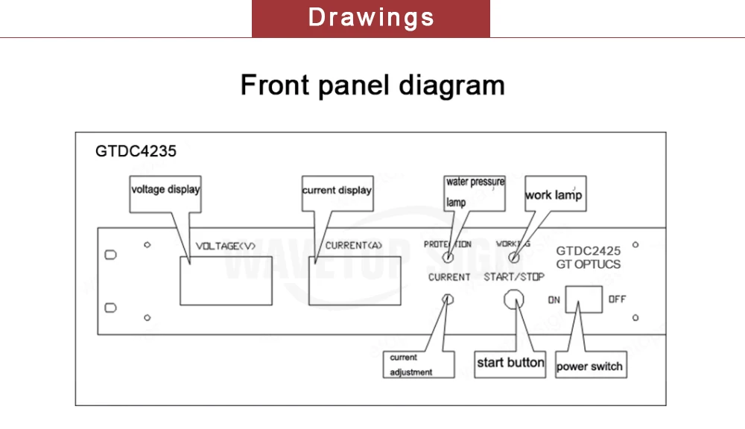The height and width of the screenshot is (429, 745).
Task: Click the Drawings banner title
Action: [x=371, y=18]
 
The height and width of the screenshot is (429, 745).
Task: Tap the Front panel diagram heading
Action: [x=372, y=85]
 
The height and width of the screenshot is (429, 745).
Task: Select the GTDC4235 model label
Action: [x=136, y=151]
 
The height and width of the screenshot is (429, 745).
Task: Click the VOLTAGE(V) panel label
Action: [x=226, y=246]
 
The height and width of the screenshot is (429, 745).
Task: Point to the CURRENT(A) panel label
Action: [x=353, y=246]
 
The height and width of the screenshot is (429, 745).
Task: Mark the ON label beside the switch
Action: [x=554, y=299]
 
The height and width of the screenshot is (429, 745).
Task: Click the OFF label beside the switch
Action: [x=617, y=299]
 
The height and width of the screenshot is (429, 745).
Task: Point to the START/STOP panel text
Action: [x=514, y=277]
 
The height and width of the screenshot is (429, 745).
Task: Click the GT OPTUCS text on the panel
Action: [x=589, y=264]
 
